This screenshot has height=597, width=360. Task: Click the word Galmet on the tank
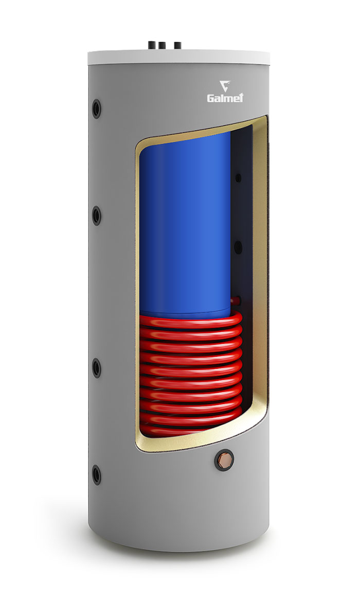pos(225,98)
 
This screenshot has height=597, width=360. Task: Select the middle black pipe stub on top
pos(162,46)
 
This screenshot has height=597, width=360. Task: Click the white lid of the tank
pos(178,57)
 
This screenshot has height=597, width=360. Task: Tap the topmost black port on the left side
pos(97,109)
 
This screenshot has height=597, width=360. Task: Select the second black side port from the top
pos(97,216)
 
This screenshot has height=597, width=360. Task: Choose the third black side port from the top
pos(97,368)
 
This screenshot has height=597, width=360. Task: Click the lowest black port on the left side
pos(97,475)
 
